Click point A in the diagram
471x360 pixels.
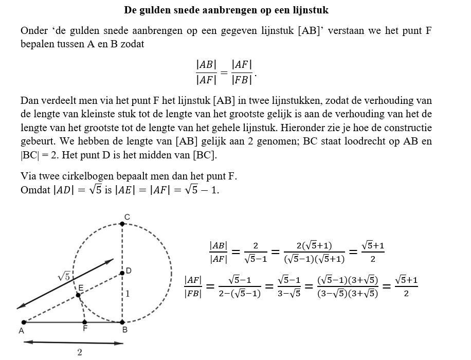click(x=24, y=322)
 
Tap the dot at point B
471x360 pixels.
click(x=122, y=322)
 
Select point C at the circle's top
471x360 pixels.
click(x=122, y=224)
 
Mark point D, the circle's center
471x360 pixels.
click(x=122, y=273)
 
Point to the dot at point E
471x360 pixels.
click(x=78, y=295)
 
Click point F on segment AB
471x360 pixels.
click(x=85, y=322)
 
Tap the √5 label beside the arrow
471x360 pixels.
click(x=64, y=276)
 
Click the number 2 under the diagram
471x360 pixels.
click(x=80, y=352)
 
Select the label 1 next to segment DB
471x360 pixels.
click(x=128, y=294)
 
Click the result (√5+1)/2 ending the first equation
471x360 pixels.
click(x=373, y=251)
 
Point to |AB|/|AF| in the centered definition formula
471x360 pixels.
click(x=206, y=72)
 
